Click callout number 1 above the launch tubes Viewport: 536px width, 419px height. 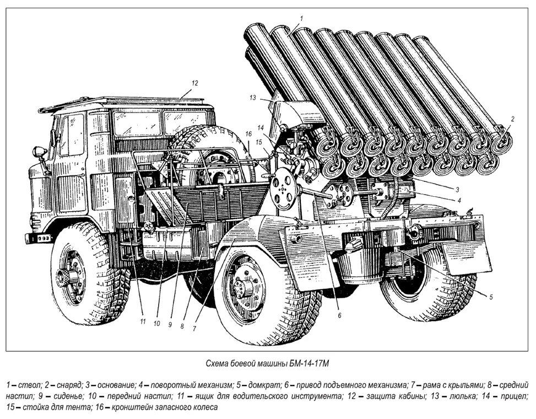click(301, 18)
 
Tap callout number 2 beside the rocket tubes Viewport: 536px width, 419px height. click(512, 119)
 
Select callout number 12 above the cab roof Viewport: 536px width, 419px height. click(194, 83)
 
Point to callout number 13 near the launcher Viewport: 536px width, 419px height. click(252, 98)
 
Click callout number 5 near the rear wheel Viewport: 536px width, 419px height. click(490, 296)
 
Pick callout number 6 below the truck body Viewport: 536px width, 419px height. click(339, 315)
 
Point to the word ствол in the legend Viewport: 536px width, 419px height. click(25, 383)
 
